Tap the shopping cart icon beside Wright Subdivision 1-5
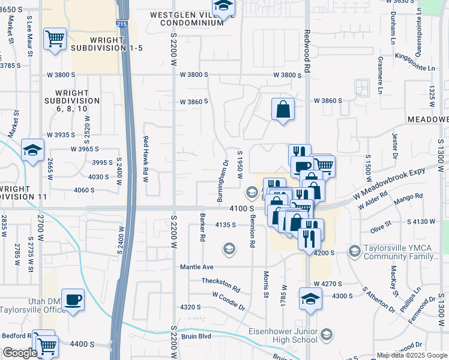tap(55, 39)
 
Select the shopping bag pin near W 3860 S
tap(283, 109)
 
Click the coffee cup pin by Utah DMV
tap(73, 299)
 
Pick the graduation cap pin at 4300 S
tap(310, 299)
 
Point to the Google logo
tap(19, 353)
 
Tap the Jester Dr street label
tap(394, 146)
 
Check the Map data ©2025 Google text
tap(411, 355)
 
